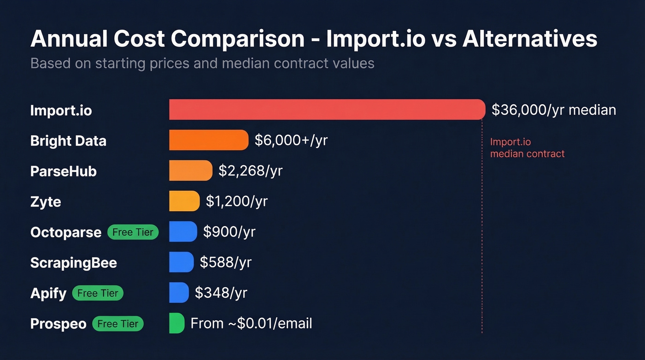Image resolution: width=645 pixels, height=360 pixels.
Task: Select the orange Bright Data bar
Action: [209, 140]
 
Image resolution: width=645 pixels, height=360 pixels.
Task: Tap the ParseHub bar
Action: [191, 171]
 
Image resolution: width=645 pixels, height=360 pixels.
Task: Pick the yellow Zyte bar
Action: [184, 201]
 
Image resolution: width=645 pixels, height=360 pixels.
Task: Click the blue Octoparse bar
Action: [183, 231]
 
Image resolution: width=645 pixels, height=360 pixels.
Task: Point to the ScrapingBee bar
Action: [181, 262]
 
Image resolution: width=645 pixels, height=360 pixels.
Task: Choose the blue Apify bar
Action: [179, 293]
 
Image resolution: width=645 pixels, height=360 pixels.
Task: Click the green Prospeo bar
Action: [176, 323]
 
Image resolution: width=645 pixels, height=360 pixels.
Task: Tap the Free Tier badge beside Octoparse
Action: [133, 232]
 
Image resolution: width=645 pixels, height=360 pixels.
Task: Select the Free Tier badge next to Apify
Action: [98, 293]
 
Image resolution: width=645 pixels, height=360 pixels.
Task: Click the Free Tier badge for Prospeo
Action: [118, 324]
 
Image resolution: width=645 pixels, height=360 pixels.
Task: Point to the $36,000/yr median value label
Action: [553, 110]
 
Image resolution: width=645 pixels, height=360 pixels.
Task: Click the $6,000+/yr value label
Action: [291, 140]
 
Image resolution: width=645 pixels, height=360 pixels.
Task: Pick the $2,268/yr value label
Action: [250, 171]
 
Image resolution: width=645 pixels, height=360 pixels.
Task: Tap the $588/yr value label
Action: [225, 262]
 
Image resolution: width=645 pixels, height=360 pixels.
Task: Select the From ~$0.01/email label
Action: [251, 323]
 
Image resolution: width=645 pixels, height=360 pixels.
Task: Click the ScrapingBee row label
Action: [74, 263]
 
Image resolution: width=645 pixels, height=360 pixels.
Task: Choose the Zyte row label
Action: [46, 201]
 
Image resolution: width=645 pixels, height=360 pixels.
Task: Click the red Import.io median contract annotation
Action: [527, 148]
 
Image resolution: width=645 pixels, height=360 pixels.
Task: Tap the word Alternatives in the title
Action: [530, 39]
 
